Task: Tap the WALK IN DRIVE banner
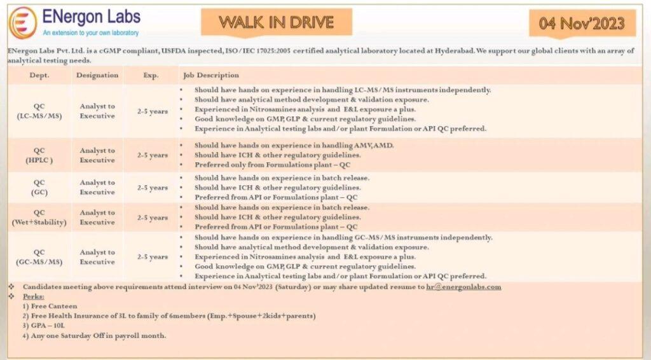click(x=277, y=22)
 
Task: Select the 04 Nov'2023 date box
click(x=582, y=24)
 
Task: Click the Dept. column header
click(x=39, y=75)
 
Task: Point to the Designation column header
click(x=97, y=75)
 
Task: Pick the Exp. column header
click(x=151, y=75)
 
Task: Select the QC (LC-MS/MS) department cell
click(x=39, y=111)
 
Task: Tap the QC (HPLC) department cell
click(x=39, y=155)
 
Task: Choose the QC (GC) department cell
click(x=39, y=187)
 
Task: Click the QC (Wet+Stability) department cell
click(x=39, y=218)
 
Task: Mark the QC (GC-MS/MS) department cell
click(x=39, y=257)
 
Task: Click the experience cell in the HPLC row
click(x=153, y=155)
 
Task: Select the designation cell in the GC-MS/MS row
click(x=97, y=257)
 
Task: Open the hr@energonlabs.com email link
click(x=463, y=287)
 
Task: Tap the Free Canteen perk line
click(x=51, y=306)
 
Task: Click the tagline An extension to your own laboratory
click(x=91, y=32)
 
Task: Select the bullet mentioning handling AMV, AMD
click(x=294, y=145)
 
